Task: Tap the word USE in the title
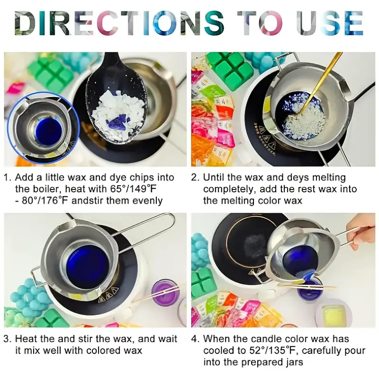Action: pyautogui.click(x=330, y=23)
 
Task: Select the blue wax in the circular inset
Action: pyautogui.click(x=48, y=131)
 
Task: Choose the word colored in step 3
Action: pyautogui.click(x=103, y=351)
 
